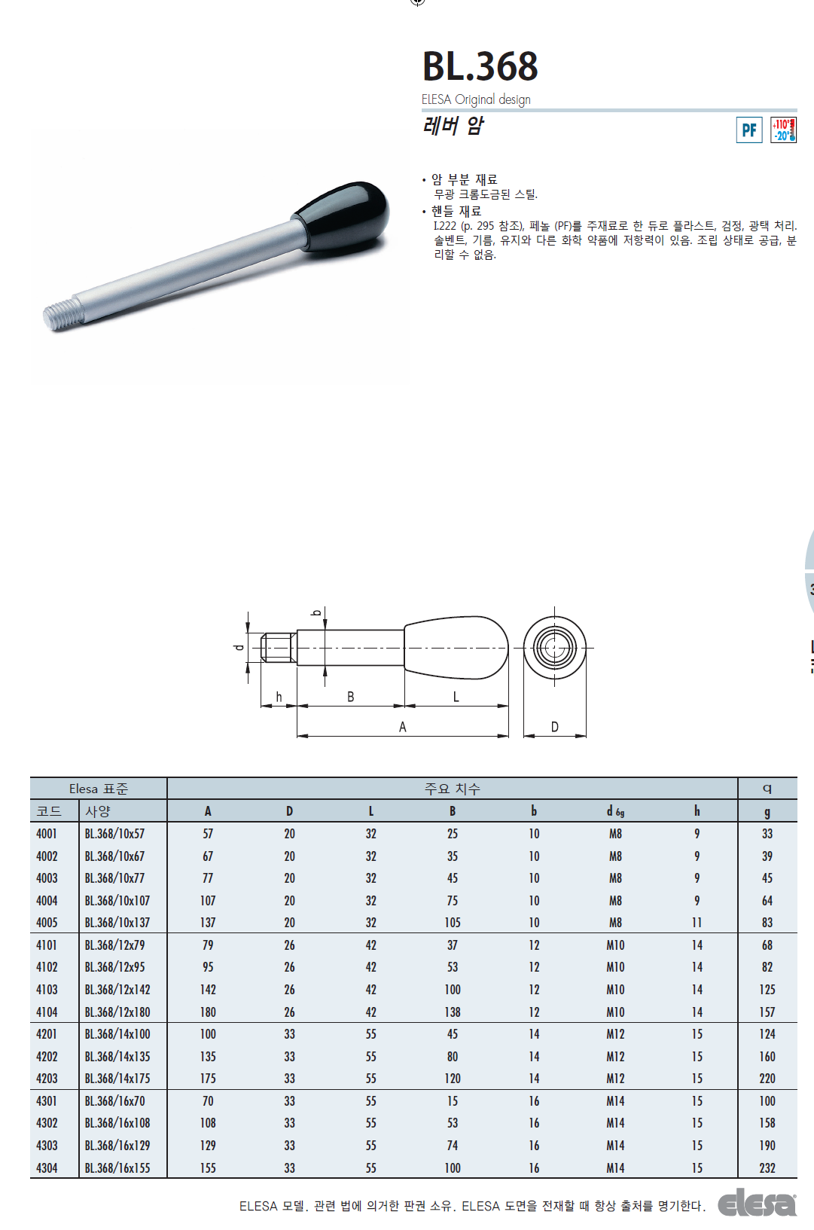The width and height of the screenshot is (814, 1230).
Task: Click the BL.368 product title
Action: (480, 66)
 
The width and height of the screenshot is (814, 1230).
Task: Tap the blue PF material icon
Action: (749, 130)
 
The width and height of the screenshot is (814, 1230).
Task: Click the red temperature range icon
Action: (783, 130)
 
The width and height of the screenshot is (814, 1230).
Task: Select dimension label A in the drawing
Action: (402, 727)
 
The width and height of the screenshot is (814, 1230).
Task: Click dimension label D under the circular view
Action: (554, 727)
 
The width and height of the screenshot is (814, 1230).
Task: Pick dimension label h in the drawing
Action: (279, 697)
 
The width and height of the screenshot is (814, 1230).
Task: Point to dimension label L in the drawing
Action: (456, 697)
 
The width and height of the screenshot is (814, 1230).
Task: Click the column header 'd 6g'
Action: (615, 811)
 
